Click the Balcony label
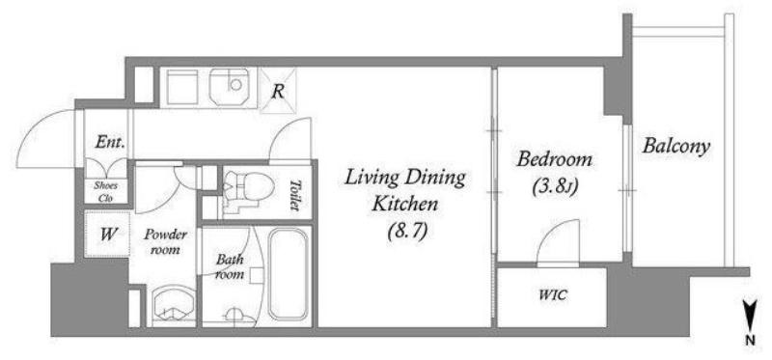click(x=676, y=147)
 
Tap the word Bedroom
click(x=554, y=160)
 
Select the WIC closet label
click(x=552, y=295)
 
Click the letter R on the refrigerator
click(x=278, y=91)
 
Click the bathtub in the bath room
click(x=289, y=274)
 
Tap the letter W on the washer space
click(x=108, y=234)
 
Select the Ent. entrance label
click(x=110, y=143)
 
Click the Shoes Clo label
click(x=106, y=192)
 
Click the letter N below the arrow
click(x=750, y=340)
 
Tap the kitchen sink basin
click(x=229, y=87)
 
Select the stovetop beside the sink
click(x=182, y=87)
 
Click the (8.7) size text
click(x=406, y=231)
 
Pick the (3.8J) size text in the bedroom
click(x=554, y=186)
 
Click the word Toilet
click(x=295, y=195)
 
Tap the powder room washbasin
click(x=173, y=306)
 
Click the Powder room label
click(x=165, y=241)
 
